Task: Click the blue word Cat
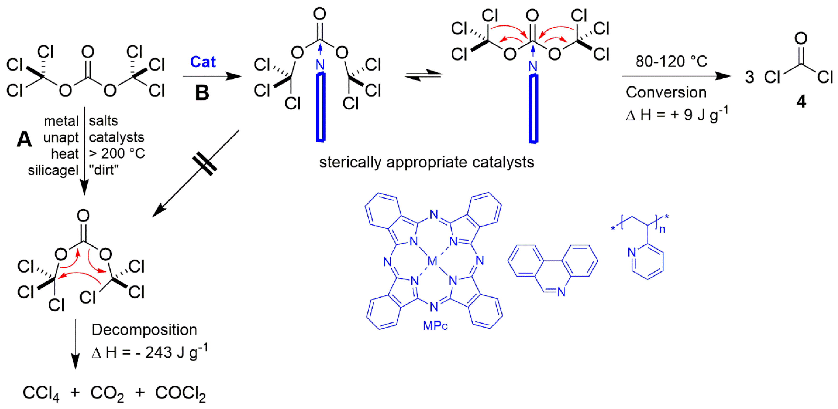click(203, 62)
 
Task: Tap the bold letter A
click(24, 139)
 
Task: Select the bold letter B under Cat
click(202, 93)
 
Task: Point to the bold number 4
click(801, 102)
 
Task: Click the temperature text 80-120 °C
click(671, 61)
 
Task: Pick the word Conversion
click(666, 92)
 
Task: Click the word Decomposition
click(145, 330)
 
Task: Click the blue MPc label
click(435, 326)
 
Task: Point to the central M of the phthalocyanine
click(432, 261)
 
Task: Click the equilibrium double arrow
click(423, 75)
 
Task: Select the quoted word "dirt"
click(103, 170)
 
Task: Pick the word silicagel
click(53, 170)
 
